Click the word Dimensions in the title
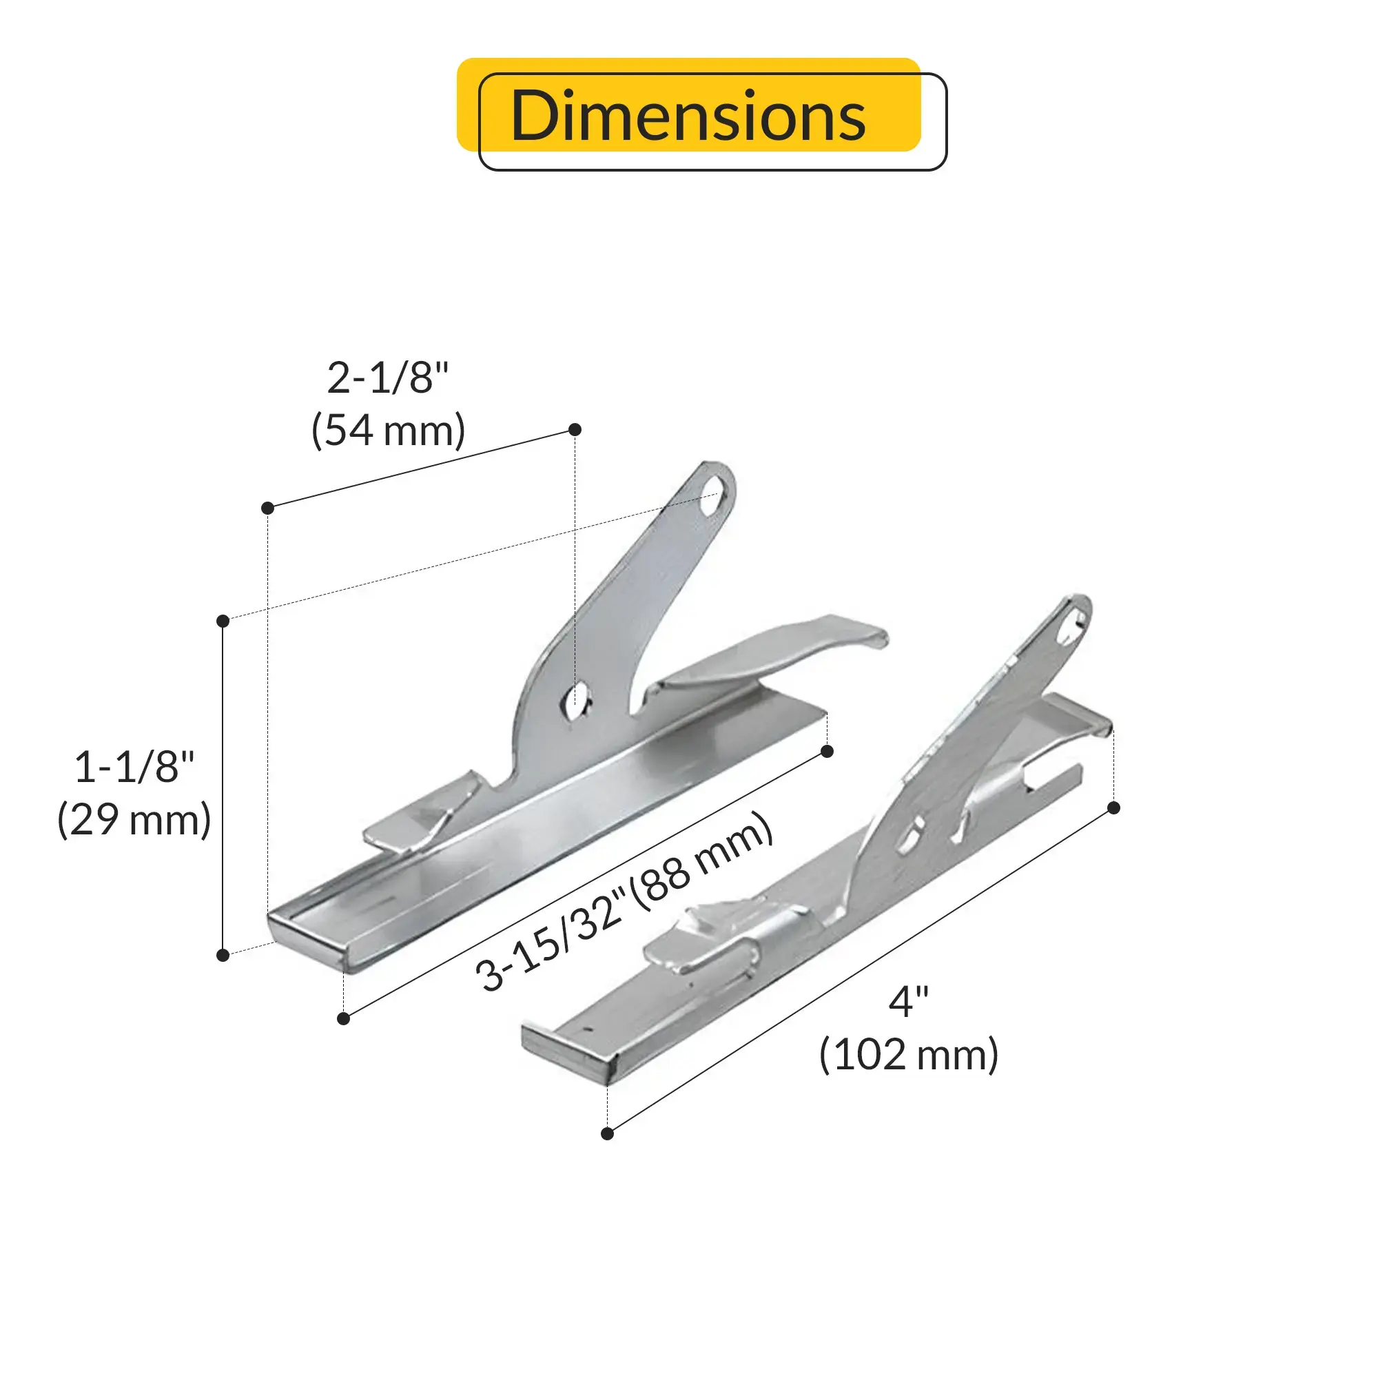(688, 116)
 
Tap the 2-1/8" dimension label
(388, 378)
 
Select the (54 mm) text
(388, 430)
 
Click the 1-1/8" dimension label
(134, 767)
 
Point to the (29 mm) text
(134, 819)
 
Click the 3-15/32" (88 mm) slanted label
(624, 903)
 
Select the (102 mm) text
(909, 1054)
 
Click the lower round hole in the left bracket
(576, 700)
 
